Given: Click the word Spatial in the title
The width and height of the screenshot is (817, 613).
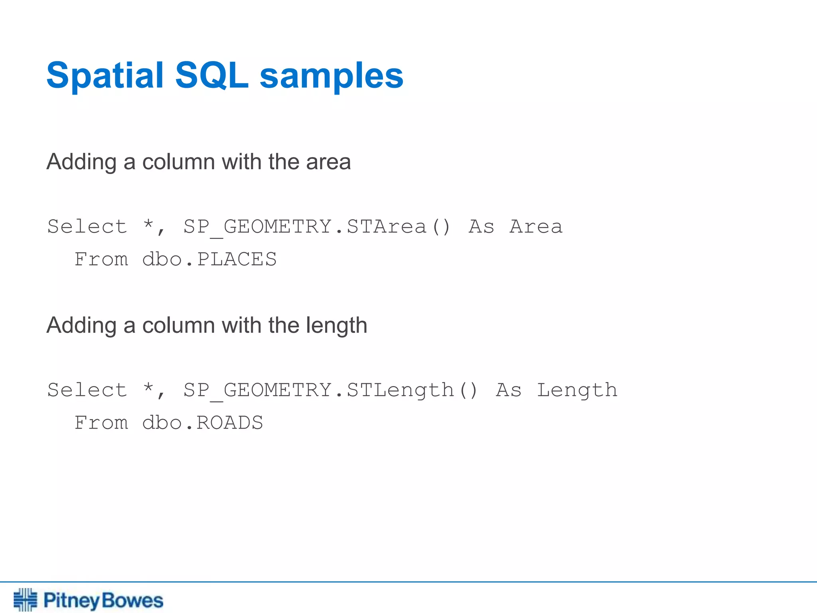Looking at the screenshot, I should pos(105,76).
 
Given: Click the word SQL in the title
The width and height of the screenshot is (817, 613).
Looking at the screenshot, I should pos(211,76).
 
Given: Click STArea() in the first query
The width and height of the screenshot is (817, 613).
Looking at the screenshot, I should pos(398,227).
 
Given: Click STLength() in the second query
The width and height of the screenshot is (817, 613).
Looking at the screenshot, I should pos(412,390).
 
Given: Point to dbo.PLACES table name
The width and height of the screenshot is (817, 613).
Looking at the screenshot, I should pos(209,259).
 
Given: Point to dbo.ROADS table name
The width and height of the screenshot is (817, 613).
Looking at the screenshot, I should pos(202,423).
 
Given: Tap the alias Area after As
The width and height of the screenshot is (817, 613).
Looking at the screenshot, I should pos(536,227).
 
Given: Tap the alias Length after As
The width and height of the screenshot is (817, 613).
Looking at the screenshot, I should pos(577,390).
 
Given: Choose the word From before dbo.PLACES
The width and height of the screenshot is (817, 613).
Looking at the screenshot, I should pos(101,259).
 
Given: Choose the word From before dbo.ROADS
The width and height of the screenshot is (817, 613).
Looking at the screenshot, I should pos(101,423).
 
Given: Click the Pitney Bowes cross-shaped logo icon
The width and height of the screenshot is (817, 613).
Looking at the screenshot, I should pos(25,599).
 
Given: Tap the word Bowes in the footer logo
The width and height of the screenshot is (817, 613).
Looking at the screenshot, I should pos(132,601).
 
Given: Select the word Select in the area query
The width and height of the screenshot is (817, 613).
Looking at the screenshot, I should pos(87,227).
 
